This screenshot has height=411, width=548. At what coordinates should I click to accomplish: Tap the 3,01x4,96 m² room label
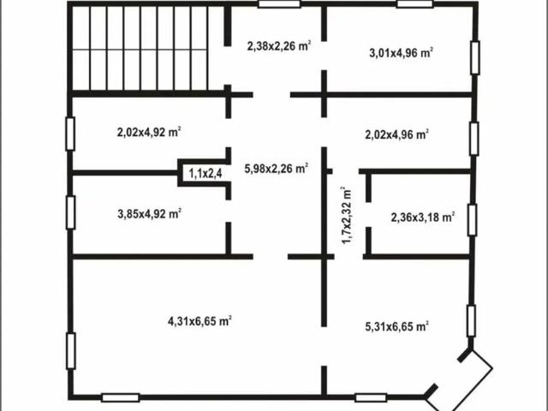pos(401,52)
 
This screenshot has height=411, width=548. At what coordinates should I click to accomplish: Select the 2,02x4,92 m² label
pos(148,133)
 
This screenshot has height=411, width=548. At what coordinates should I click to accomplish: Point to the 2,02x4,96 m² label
pos(396,134)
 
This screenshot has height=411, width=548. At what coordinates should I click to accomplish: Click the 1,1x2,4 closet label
pos(205,174)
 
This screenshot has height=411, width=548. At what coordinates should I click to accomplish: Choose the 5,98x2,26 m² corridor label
pos(276,169)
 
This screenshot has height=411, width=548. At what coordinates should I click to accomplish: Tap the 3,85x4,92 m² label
pos(148,214)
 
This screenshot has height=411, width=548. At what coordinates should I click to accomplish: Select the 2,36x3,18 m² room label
pos(422,217)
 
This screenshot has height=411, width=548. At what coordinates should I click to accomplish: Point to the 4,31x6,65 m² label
pos(200,321)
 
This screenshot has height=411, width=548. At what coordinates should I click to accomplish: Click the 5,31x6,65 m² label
pos(396,325)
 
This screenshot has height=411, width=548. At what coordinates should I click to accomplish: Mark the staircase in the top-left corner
pos(140,48)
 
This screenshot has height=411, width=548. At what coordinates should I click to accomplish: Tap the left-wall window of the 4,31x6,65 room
pos(70,349)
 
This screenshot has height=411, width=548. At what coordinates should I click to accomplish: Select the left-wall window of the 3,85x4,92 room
pos(70,211)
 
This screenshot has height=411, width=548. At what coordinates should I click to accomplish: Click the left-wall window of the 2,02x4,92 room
pos(70,134)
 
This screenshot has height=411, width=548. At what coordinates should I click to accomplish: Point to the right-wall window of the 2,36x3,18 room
pos(472,219)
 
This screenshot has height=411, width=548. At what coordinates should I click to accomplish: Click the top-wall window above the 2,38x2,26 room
pos(280,4)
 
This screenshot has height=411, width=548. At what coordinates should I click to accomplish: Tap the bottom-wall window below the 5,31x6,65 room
pos(370,397)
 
